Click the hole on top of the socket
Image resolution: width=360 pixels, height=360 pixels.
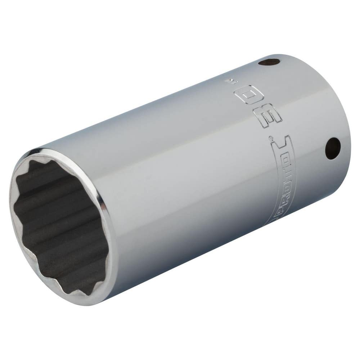point(269,62)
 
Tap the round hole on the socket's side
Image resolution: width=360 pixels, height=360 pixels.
point(333,148)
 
